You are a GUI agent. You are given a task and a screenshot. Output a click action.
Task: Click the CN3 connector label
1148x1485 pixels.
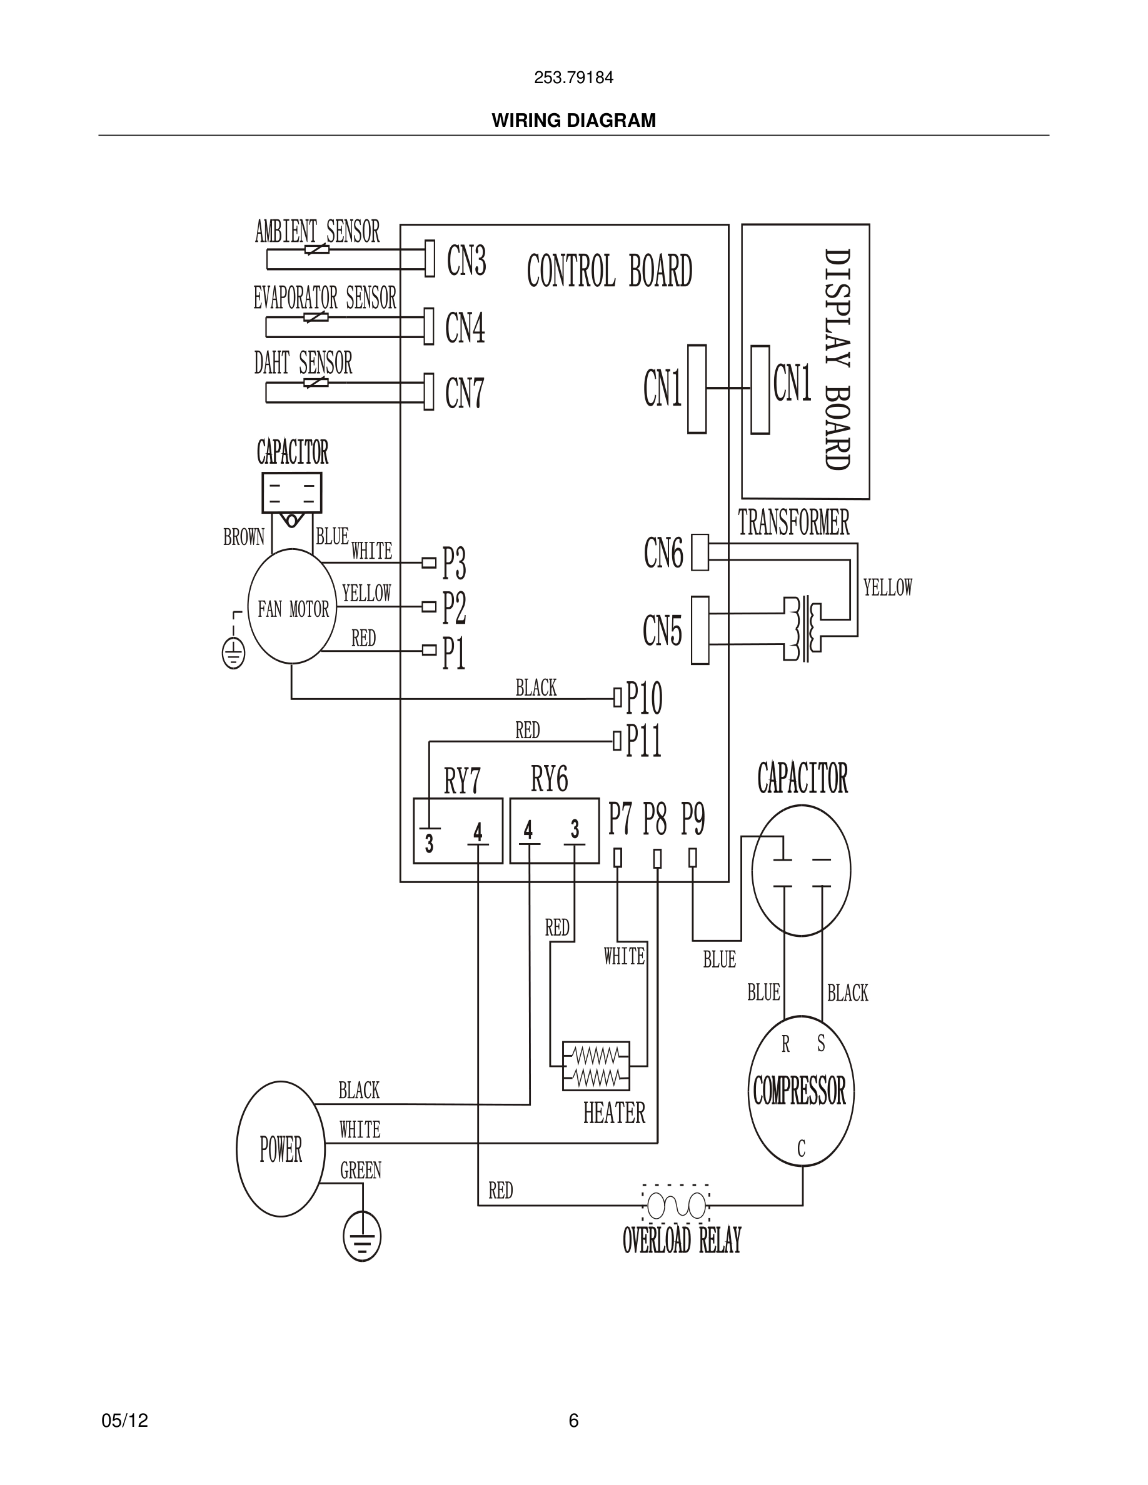point(466,261)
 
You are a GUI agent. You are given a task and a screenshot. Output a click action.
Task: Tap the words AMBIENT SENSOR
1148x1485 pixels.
point(317,232)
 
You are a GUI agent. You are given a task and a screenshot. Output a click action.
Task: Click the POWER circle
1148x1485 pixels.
point(280,1150)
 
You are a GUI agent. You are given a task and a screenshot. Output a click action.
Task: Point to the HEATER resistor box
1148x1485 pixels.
point(596,1067)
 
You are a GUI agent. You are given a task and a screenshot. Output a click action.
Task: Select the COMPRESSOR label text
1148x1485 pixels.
point(799,1091)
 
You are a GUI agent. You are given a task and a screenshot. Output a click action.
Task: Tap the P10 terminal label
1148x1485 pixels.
point(643,697)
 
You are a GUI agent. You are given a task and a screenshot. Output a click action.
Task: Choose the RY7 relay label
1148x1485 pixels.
point(462,781)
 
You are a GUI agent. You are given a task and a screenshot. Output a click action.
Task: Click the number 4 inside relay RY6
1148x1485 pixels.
point(528,830)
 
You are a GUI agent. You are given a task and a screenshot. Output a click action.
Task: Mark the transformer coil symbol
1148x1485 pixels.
point(802,629)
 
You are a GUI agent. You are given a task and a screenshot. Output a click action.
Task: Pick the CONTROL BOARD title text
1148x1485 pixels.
point(610,271)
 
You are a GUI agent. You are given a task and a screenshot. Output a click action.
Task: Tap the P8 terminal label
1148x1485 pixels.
point(655,819)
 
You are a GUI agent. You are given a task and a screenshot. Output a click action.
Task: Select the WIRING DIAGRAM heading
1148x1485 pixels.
point(573,121)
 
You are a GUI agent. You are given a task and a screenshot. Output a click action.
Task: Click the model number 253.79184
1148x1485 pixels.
point(573,77)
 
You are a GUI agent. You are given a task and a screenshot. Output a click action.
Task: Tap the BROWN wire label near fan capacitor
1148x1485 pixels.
point(243,537)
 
